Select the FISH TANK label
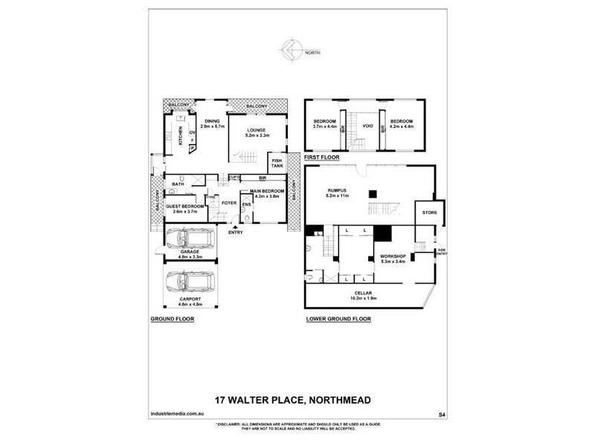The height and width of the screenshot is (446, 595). pyautogui.click(x=277, y=164)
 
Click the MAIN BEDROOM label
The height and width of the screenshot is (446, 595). pyautogui.click(x=269, y=193)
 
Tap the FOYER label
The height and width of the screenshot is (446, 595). pyautogui.click(x=228, y=201)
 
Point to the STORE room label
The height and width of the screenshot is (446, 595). pyautogui.click(x=428, y=213)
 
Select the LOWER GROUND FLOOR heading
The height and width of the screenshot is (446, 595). pyautogui.click(x=338, y=319)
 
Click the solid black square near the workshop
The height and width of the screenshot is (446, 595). pyautogui.click(x=382, y=233)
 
